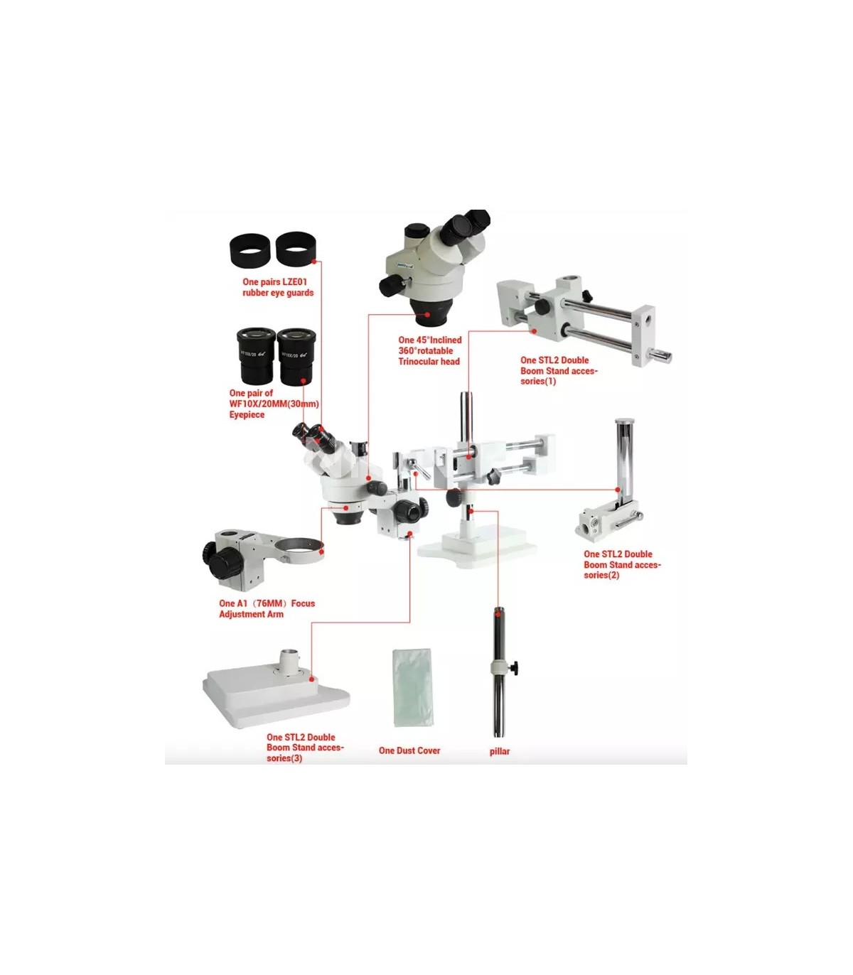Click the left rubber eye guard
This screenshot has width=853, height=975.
250,250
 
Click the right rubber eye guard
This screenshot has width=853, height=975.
296,249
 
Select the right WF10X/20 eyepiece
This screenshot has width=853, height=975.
296,356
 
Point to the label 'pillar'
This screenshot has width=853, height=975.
500,751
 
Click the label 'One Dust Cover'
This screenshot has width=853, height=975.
409,750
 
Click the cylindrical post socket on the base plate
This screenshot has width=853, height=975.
289,662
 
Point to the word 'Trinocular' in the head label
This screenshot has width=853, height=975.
419,362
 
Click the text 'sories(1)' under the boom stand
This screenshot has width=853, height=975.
538,381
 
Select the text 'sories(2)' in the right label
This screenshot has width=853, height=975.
601,575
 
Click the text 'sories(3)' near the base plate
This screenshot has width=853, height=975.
284,758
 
